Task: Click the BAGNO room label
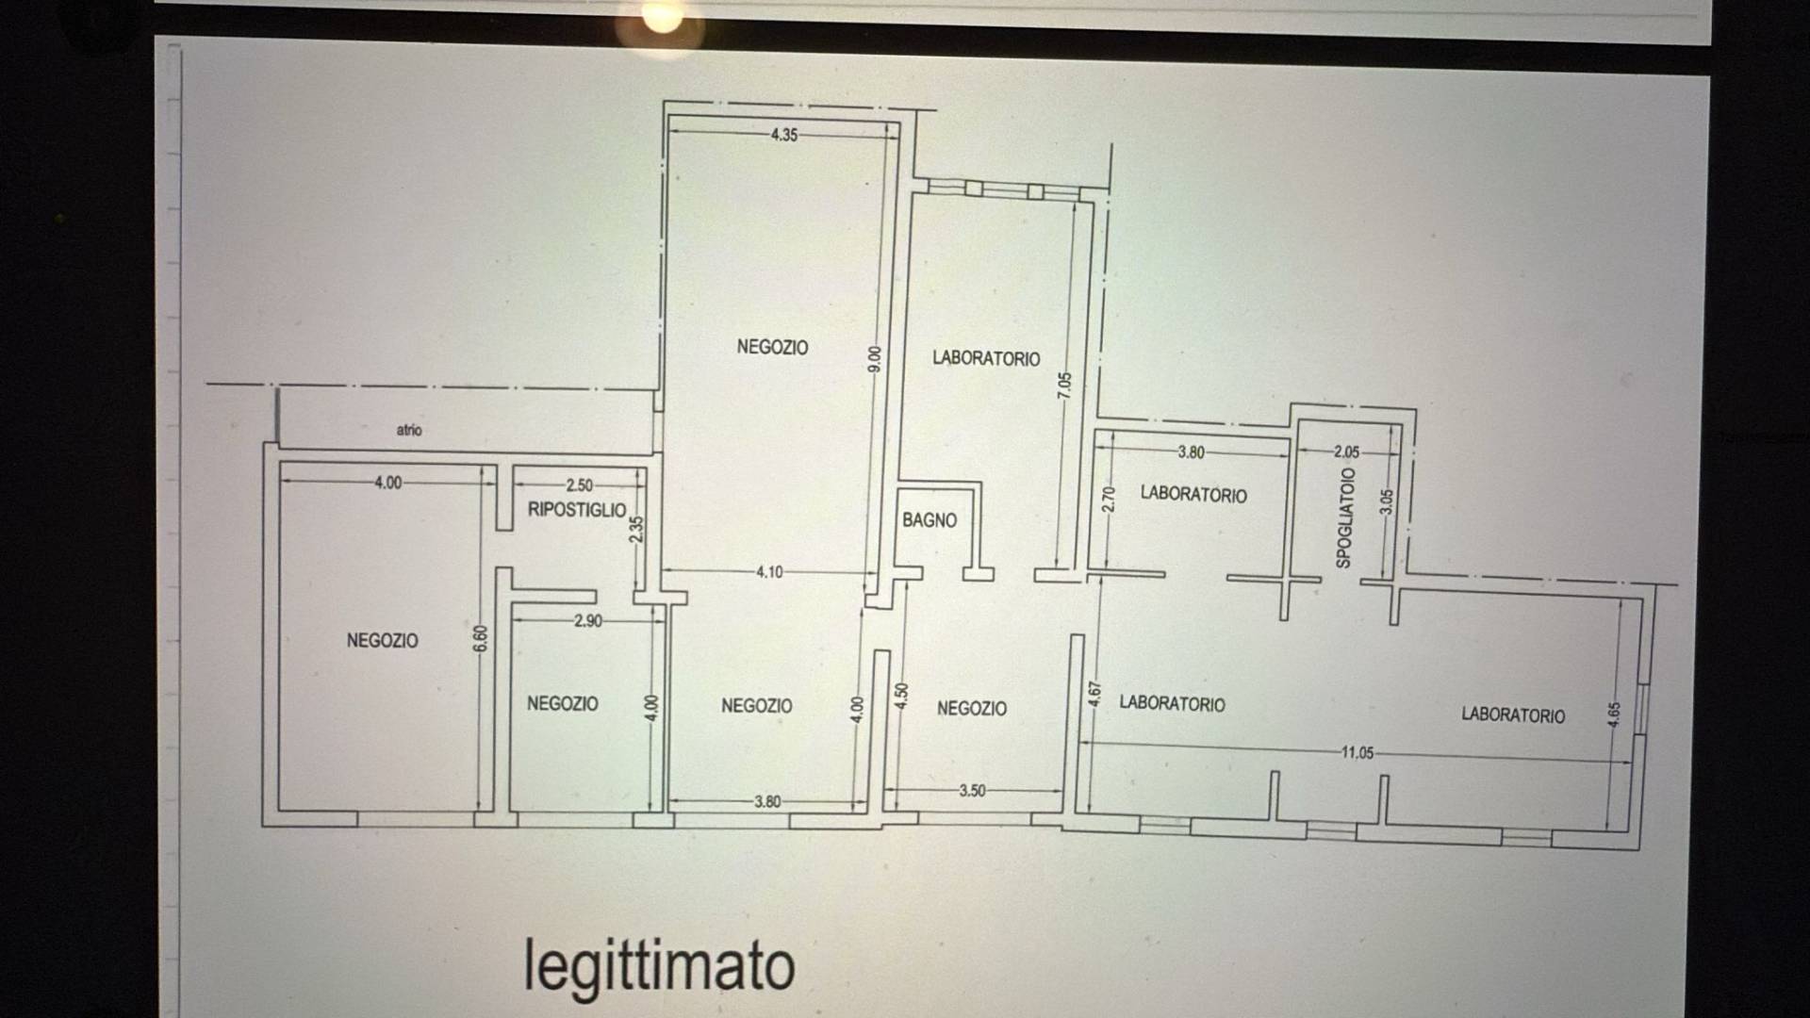point(930,520)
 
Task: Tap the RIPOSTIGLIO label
point(577,510)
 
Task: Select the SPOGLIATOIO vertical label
point(1345,518)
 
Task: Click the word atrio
point(409,430)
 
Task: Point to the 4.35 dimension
point(784,135)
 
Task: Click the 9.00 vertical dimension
point(875,359)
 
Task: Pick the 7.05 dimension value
point(1065,386)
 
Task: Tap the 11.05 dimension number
point(1357,752)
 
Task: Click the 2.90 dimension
point(587,621)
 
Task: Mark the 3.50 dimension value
point(972,791)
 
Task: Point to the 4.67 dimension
point(1094,695)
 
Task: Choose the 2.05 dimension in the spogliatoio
point(1347,452)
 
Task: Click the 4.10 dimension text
point(769,572)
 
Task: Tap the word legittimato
point(659,965)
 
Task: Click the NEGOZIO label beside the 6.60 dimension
point(382,641)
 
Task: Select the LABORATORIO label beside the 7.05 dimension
point(986,358)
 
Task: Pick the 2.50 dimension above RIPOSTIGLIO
point(579,485)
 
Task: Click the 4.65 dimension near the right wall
point(1615,715)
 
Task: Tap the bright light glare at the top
point(661,18)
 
